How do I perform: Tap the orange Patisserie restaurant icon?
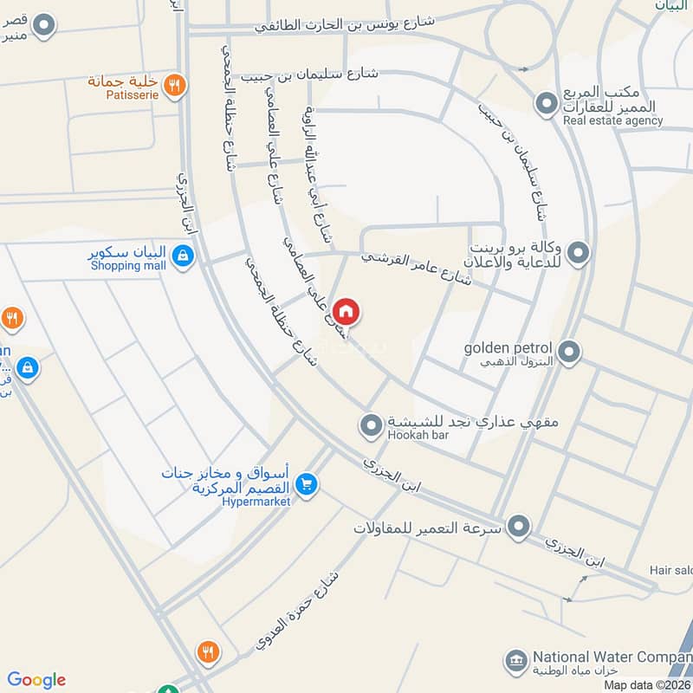coord(174,85)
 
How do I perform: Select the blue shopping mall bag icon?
coord(182,256)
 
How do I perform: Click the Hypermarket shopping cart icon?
coord(305,486)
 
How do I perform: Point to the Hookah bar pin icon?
coord(371,424)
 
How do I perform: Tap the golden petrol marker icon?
coord(569,352)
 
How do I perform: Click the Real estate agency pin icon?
coord(546,105)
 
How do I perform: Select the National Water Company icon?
coord(517,661)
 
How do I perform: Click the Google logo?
coord(36,680)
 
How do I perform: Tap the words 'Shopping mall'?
coord(128,266)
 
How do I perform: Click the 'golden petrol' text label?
coord(508,347)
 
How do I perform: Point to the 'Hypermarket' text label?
coord(256,502)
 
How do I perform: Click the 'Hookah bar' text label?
coord(419,435)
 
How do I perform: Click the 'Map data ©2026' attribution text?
coord(645,685)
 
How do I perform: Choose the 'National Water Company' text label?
coord(611,657)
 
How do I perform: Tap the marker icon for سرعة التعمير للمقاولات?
coord(519,526)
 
